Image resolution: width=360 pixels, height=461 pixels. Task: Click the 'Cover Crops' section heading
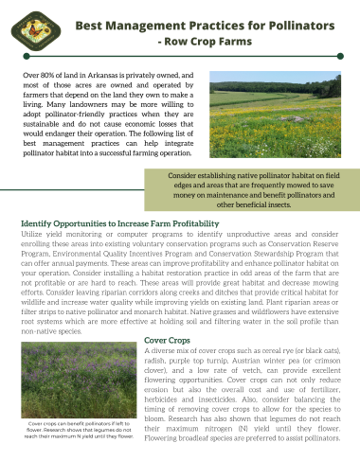[x=166, y=339]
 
